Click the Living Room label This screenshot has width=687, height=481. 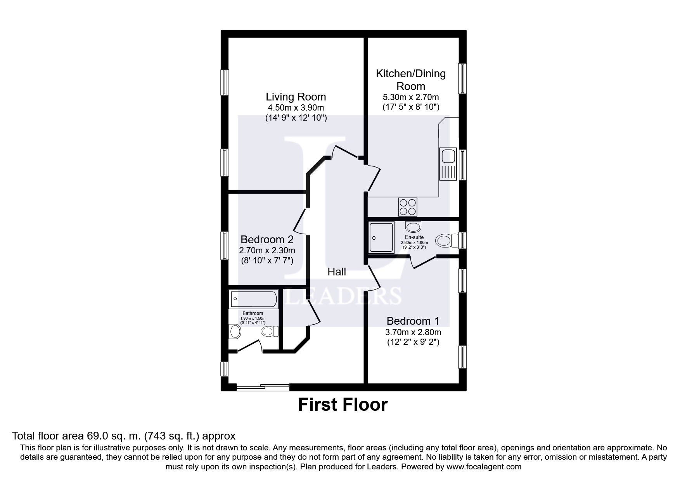[296, 97]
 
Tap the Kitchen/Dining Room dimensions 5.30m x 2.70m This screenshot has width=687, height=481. [411, 97]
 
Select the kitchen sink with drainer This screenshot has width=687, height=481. [448, 164]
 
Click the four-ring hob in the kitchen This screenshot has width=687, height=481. [408, 207]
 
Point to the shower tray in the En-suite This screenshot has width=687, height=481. [381, 237]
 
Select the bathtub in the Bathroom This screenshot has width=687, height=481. [254, 299]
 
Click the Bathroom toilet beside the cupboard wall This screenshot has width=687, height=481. [270, 331]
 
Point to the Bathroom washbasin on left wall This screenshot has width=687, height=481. [235, 331]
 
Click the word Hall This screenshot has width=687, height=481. [337, 272]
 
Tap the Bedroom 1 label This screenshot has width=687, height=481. [413, 321]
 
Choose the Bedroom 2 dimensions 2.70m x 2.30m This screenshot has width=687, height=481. [267, 250]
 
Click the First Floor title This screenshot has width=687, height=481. [343, 405]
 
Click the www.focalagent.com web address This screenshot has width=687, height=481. [484, 467]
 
